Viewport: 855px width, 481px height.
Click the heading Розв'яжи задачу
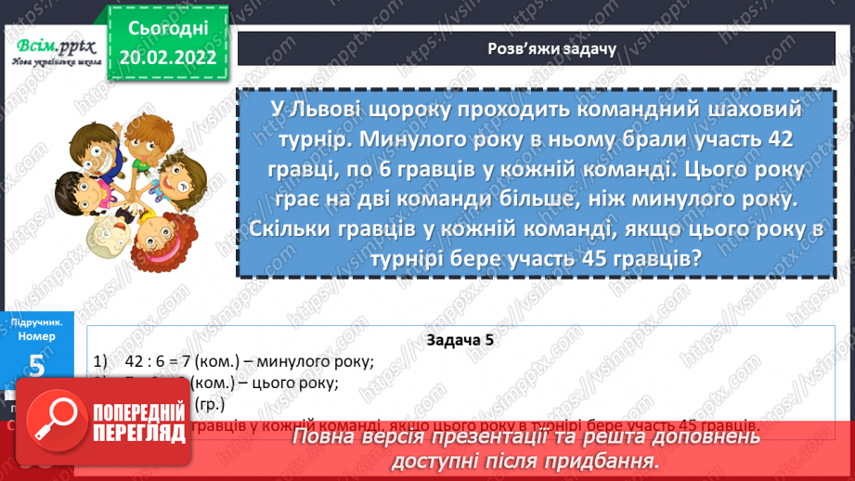pos(551,48)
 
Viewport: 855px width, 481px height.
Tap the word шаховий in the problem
pos(753,110)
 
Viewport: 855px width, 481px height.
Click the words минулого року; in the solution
pos(318,362)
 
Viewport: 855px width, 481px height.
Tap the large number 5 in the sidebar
pos(36,365)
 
